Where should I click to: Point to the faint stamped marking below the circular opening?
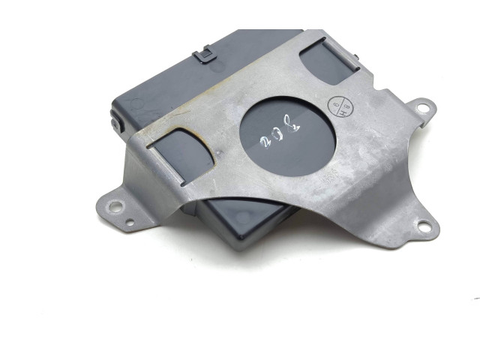click(x=328, y=178)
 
